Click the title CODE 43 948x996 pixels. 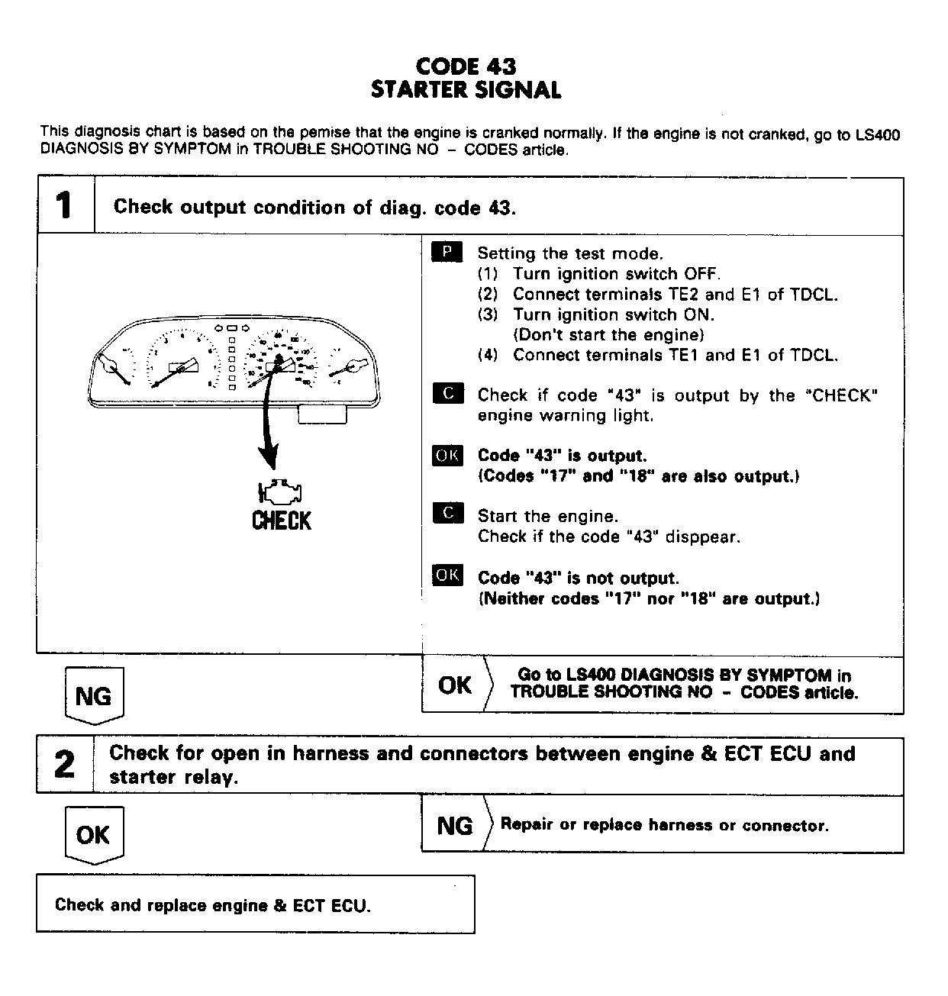point(466,66)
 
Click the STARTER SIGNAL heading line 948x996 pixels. point(466,90)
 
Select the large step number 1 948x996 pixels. point(65,206)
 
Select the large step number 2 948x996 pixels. point(65,765)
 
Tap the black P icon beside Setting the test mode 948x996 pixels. point(447,253)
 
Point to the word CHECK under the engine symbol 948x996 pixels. point(281,521)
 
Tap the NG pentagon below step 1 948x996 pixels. point(94,695)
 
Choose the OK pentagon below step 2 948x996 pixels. point(93,834)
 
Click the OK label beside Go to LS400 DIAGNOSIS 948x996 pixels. point(454,685)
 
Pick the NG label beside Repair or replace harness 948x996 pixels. point(454,825)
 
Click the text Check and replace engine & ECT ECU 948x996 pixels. point(212,905)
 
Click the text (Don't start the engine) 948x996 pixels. point(608,334)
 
